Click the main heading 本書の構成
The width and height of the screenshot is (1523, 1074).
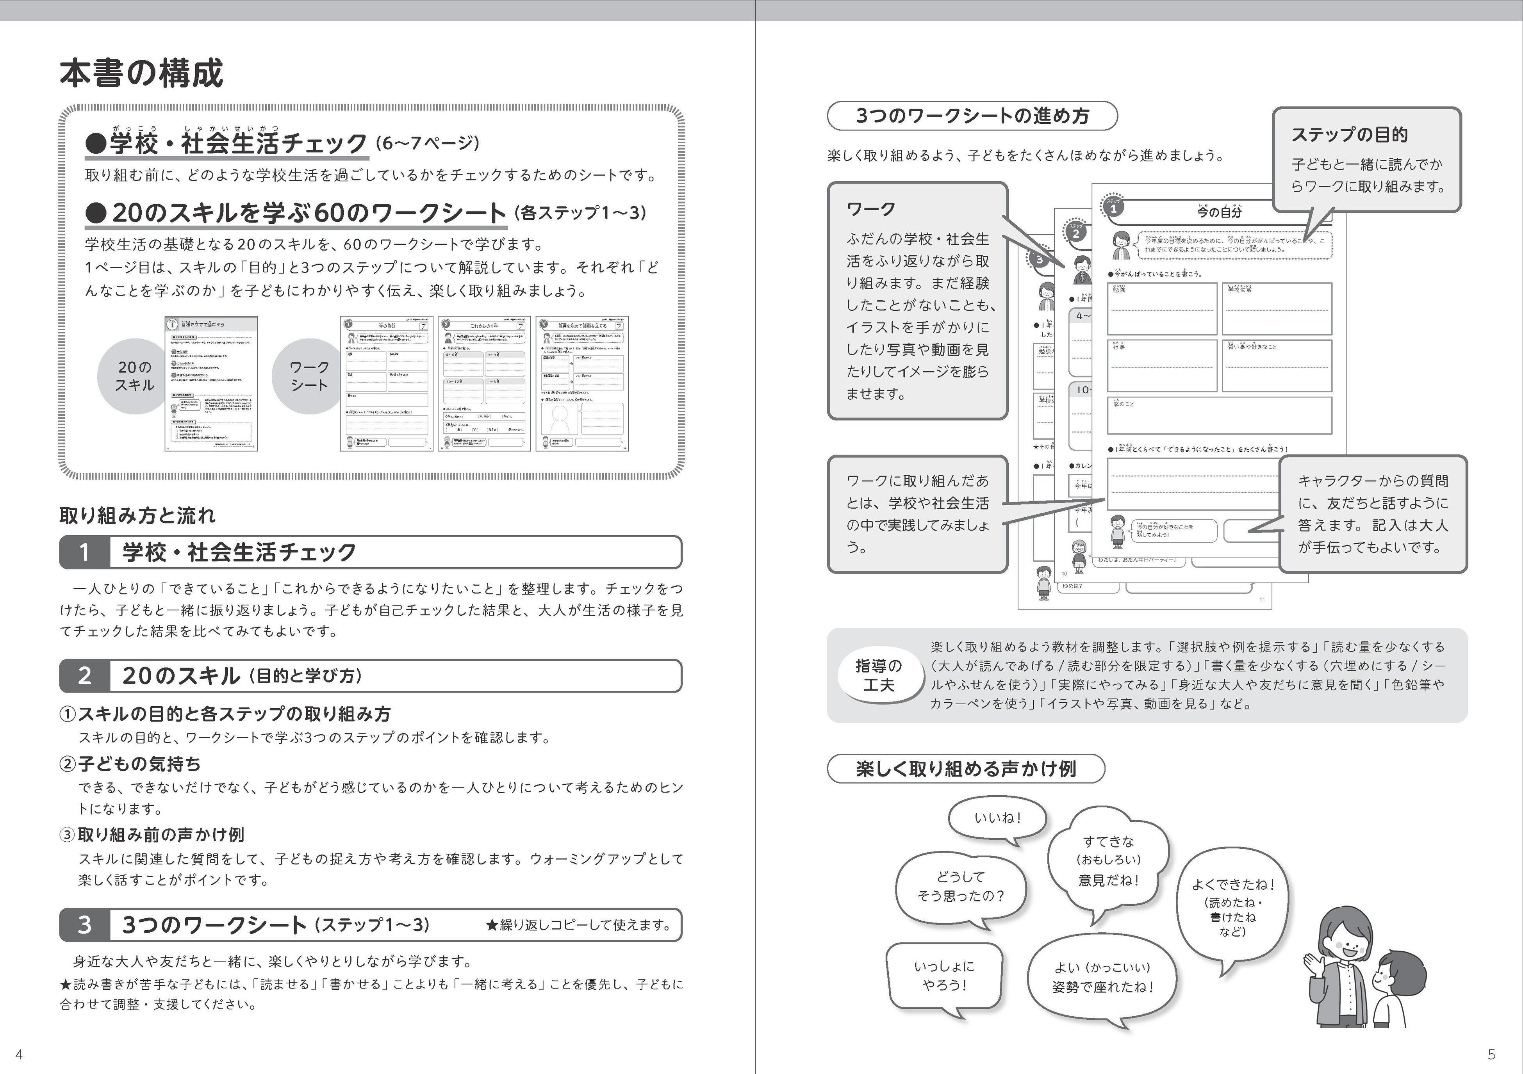coord(141,73)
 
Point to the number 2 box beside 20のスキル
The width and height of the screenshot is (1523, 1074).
coord(84,675)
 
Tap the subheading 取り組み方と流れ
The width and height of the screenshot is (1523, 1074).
coord(137,515)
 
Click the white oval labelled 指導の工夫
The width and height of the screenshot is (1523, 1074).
coord(879,675)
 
